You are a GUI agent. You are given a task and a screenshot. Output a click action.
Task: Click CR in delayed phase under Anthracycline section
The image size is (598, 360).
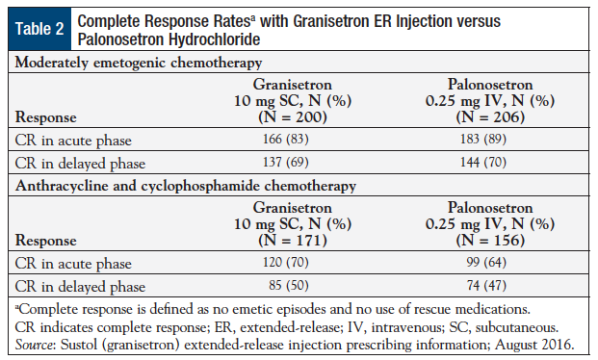tap(74, 288)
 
